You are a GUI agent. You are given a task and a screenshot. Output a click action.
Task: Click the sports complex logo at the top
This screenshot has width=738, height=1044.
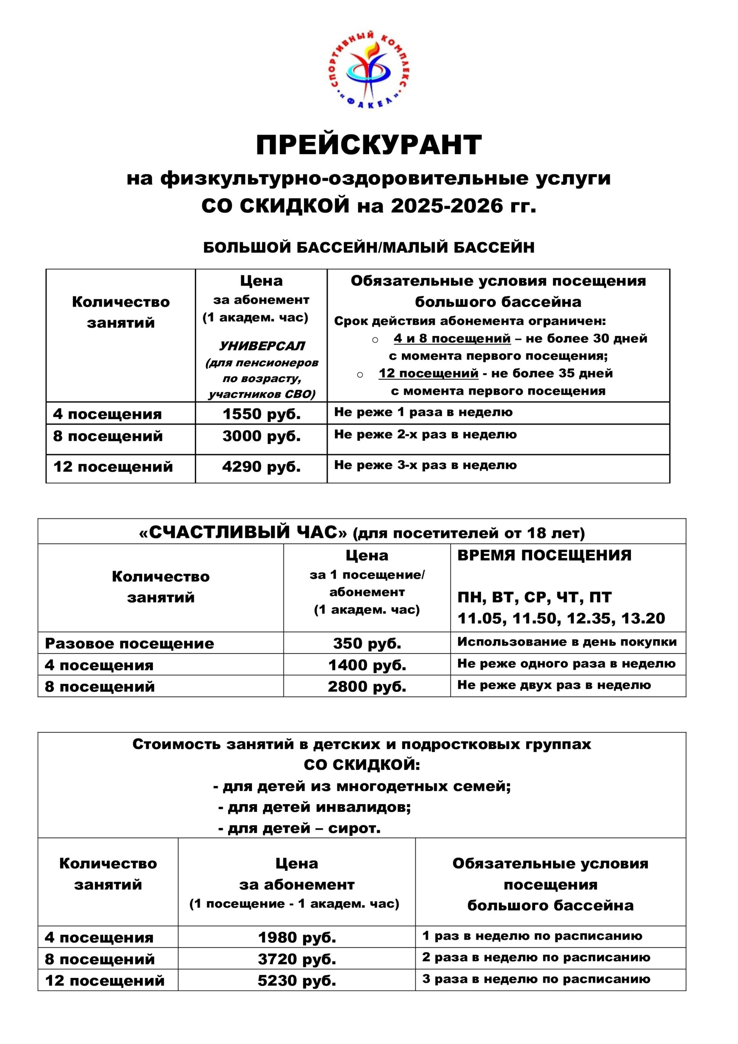[369, 71]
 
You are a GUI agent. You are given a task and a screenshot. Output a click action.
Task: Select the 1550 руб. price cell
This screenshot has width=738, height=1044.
[261, 414]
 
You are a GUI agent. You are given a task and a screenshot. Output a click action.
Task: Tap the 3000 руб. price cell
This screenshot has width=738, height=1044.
[261, 436]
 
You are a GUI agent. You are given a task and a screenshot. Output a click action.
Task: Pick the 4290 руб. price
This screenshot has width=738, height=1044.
[261, 467]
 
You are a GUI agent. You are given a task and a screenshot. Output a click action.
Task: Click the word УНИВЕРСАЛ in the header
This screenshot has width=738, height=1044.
[262, 346]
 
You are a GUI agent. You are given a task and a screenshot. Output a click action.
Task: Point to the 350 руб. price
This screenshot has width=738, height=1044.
[367, 644]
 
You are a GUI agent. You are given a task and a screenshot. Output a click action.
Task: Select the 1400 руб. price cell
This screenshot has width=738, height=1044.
[367, 665]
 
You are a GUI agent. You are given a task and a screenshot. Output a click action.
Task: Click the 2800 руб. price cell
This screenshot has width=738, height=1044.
[367, 687]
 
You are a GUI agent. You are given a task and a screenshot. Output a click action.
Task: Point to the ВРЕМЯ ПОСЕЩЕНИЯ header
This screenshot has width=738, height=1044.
[544, 556]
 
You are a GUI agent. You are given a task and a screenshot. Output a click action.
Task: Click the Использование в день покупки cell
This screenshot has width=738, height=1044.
[567, 642]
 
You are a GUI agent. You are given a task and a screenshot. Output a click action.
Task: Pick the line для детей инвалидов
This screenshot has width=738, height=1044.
[315, 807]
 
